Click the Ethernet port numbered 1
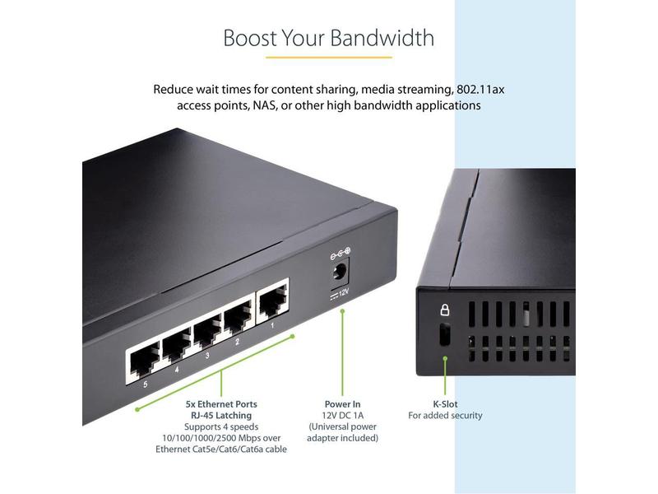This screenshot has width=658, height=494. (x=274, y=300)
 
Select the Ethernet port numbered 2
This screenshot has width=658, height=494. (x=239, y=319)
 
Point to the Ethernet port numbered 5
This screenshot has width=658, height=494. (x=143, y=361)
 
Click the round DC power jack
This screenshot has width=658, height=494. (x=339, y=273)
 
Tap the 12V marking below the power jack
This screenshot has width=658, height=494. (x=340, y=294)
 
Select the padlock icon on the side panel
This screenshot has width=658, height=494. (x=444, y=310)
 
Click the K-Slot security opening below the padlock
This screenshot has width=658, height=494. (x=444, y=334)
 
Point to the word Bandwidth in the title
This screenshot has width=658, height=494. (x=382, y=38)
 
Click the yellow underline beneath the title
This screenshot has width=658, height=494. (x=329, y=57)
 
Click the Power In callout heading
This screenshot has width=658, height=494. (x=342, y=404)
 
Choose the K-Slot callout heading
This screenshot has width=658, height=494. (x=445, y=404)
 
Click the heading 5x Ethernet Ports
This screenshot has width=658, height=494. (x=221, y=404)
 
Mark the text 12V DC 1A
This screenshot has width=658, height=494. (x=342, y=416)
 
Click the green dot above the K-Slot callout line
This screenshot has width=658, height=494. (x=445, y=358)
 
